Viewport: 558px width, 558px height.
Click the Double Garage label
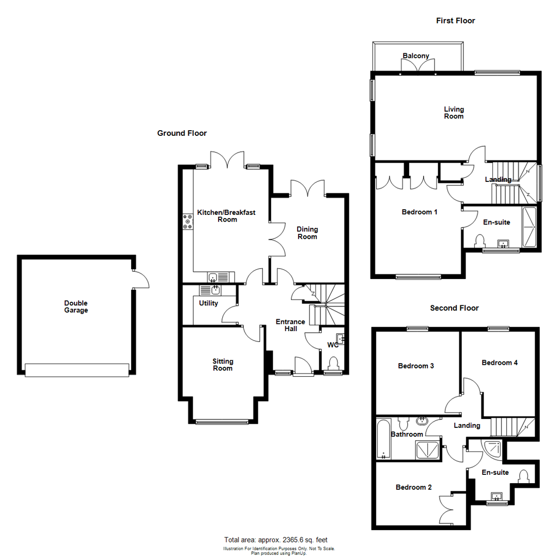point(76,307)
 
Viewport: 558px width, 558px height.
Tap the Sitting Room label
point(223,364)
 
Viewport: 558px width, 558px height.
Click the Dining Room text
point(307,233)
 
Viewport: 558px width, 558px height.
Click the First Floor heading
point(456,21)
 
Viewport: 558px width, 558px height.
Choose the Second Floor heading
point(455,308)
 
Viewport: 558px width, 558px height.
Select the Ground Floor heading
point(182,133)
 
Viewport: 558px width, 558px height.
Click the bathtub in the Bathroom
point(383,440)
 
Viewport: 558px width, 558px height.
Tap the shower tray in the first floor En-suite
point(530,227)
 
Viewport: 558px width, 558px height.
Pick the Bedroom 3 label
point(416,366)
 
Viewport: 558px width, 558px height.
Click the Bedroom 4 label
point(500,363)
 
